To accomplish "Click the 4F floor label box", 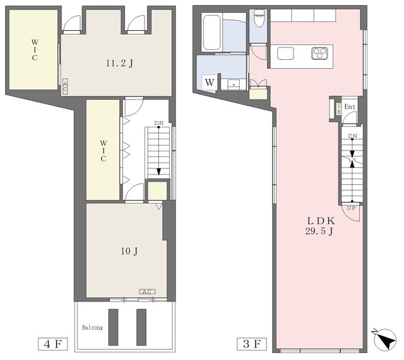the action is click(53, 344).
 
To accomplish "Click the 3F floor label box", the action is click(252, 344).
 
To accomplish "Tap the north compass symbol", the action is click(385, 339).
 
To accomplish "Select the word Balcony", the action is click(93, 328).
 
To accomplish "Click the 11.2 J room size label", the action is click(119, 63).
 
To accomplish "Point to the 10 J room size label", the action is click(129, 251).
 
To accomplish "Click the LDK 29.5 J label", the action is click(320, 226).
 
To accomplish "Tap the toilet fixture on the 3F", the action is click(258, 18).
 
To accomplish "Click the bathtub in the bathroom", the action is click(212, 33).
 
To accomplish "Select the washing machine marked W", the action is click(210, 83).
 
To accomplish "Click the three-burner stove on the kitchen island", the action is click(319, 54).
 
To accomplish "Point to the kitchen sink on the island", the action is click(285, 54).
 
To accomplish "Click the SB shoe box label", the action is click(338, 109).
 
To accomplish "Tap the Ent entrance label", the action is click(350, 107).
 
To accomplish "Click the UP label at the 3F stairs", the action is click(352, 208).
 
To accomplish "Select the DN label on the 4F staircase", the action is click(158, 123).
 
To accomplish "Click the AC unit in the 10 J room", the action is click(147, 292).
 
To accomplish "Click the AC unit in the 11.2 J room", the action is click(65, 86).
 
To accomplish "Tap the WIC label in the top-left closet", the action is click(35, 50).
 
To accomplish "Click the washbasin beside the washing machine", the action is click(234, 84).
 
